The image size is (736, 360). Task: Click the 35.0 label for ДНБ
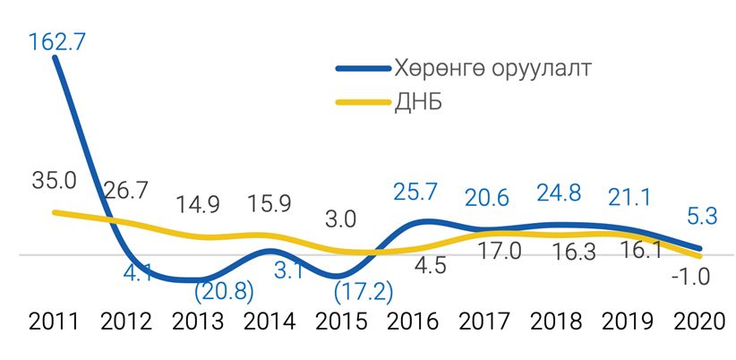[x=56, y=180]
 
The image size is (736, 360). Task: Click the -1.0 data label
[x=689, y=277]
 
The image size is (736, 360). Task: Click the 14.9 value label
[x=199, y=203]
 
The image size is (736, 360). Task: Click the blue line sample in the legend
[x=362, y=69]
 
